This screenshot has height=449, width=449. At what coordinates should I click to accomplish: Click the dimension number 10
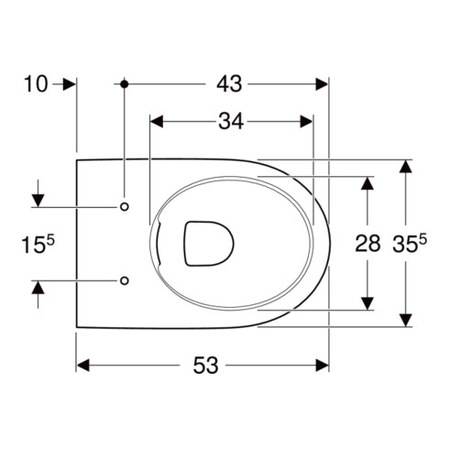[x=36, y=84]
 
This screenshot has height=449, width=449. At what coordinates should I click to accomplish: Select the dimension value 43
[x=229, y=84]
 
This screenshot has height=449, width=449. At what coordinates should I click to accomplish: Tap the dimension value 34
[x=231, y=122]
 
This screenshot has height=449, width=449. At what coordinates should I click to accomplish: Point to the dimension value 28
[x=367, y=244]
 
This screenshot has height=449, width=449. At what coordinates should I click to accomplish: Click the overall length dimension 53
[x=205, y=366]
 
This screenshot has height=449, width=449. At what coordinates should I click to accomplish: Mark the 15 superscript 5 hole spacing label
[x=38, y=244]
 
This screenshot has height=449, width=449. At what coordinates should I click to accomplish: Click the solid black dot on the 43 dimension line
[x=125, y=83]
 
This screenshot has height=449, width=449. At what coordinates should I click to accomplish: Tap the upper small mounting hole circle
[x=125, y=207]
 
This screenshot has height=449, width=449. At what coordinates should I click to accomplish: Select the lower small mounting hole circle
[x=125, y=280]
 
